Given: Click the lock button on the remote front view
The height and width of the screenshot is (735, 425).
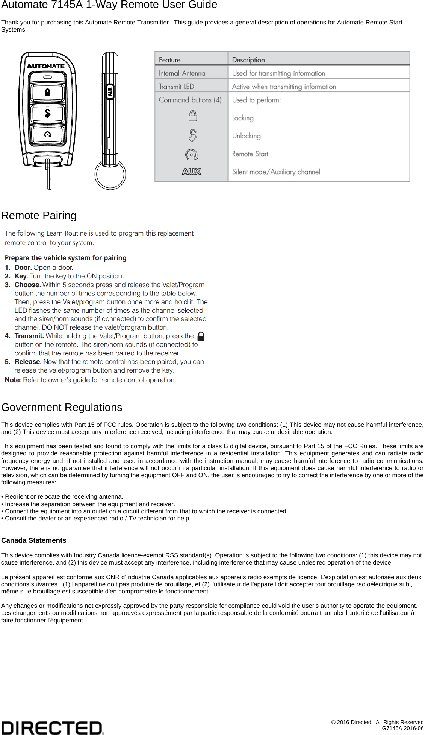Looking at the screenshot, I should point(47,92).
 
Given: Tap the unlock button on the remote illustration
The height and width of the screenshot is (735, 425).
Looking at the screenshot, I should point(47,113).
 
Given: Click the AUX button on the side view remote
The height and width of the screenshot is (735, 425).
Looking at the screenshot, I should point(110,92).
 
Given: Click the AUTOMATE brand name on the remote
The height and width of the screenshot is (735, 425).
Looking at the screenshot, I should point(46,66).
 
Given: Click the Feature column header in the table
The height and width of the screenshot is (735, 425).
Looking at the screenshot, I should point(169,60).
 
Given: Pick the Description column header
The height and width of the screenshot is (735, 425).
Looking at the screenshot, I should point(248,60).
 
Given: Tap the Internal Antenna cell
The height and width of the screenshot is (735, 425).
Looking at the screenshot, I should point(182,73).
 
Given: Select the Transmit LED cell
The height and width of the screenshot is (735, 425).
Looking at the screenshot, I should point(176,87).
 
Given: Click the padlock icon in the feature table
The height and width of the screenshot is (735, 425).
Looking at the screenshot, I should point(192,116).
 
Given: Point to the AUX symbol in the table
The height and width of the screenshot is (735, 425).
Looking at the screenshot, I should point(192,172).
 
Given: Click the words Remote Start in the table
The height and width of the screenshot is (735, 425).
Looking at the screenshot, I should point(250,154).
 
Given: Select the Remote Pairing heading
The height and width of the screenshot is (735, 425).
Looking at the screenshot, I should point(39,215).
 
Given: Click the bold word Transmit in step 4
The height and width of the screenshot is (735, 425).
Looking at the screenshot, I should point(29,336).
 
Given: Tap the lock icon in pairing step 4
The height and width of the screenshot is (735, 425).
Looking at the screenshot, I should point(201,336).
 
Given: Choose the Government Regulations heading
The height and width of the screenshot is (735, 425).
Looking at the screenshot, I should point(62,407).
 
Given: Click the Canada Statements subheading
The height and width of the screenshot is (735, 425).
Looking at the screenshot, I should point(34,540).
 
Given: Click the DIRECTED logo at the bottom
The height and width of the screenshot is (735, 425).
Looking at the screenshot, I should point(53,727).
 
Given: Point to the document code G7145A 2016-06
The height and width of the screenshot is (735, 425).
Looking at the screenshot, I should point(402,728).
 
